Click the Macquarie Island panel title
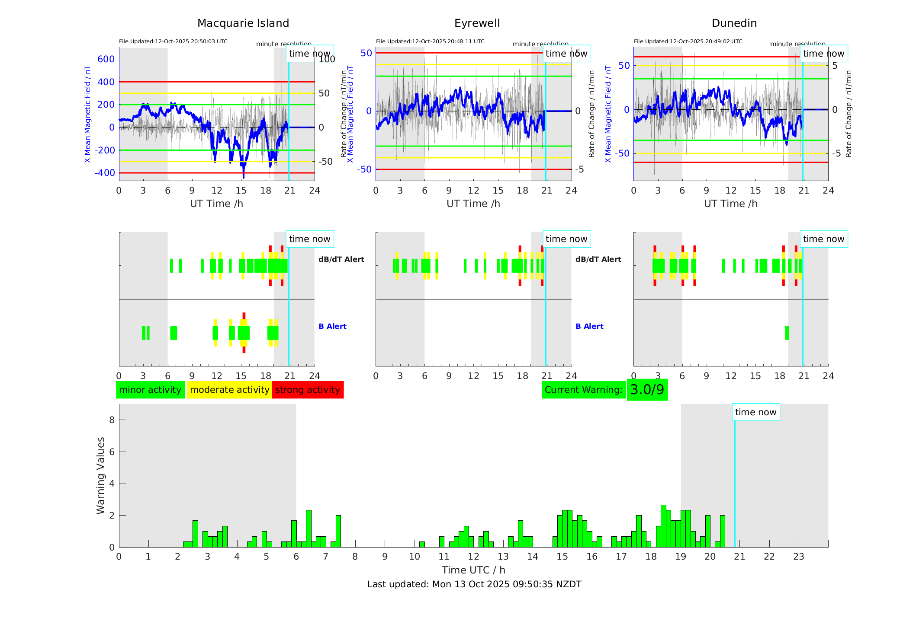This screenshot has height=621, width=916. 243,23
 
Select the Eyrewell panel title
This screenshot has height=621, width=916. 477,23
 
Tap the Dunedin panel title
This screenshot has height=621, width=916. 734,23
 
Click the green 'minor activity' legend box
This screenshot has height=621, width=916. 150,390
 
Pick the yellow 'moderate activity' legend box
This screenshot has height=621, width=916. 229,390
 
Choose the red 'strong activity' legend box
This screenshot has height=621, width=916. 308,390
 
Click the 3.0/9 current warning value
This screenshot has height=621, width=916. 647,390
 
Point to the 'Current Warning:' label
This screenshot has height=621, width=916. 583,390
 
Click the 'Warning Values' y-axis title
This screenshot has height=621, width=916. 100,475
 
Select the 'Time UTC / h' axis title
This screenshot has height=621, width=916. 473,570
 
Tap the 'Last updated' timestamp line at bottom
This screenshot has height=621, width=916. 474,584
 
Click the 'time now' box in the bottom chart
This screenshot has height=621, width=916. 755,412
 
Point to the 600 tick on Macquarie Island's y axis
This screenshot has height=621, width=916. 106,59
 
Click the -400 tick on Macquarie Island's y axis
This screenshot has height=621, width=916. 105,173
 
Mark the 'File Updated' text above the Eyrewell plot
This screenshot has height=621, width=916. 430,41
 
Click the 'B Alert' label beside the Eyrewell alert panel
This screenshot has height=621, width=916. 589,326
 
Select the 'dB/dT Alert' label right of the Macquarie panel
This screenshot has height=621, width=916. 341,259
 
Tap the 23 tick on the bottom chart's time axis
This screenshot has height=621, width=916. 798,557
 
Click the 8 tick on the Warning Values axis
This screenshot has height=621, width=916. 112,420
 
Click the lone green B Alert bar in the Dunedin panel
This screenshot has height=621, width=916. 787,333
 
